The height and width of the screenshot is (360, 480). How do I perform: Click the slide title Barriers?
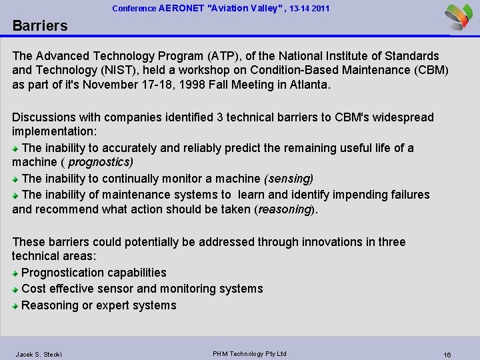point(40,26)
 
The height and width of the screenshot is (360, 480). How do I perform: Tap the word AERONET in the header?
point(183,9)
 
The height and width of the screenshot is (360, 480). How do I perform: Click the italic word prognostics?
point(100,162)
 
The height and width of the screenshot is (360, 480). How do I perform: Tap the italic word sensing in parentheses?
point(289,179)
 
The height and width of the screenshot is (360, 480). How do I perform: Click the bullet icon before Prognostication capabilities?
point(16,273)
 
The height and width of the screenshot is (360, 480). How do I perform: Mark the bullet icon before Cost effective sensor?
point(16,289)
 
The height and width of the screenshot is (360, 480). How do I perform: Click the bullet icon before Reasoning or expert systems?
point(16,306)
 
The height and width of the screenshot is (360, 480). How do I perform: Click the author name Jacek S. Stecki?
point(39,354)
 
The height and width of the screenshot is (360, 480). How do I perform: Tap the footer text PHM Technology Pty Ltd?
point(249,353)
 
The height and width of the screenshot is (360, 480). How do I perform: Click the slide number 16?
point(447,355)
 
